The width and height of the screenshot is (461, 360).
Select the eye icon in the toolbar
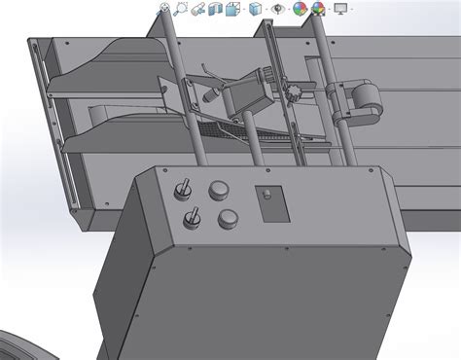tap(279, 9)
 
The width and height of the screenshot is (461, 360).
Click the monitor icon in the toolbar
tap(340, 9)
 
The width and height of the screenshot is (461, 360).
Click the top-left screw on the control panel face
tap(147, 177)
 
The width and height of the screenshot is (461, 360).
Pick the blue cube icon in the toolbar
tap(255, 9)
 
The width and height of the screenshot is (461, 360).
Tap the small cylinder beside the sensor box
tap(213, 96)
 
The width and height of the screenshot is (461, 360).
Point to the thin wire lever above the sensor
tap(208, 73)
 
